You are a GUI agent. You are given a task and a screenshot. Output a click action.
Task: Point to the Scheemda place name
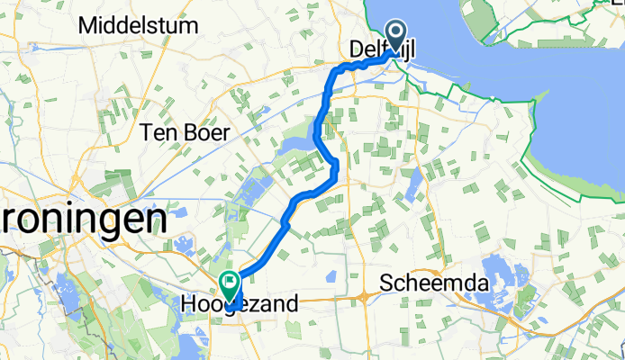(434, 284)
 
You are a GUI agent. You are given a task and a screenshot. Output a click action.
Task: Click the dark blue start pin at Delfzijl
(394, 37)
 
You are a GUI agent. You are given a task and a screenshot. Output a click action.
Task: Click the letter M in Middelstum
(87, 26)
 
